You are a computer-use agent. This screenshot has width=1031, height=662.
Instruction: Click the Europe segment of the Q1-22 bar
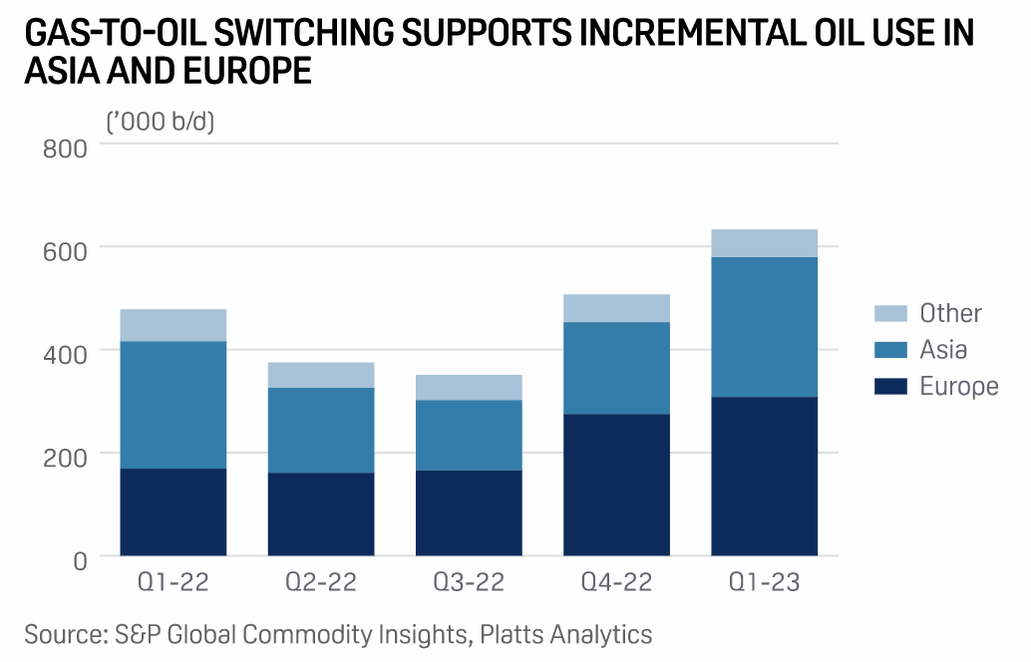[x=173, y=511]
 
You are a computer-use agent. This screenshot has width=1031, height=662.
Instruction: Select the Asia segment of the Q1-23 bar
[x=765, y=327]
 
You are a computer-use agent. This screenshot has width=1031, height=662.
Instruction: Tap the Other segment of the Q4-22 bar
[x=616, y=308]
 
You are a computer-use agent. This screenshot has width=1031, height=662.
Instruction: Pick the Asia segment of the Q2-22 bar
[x=321, y=430]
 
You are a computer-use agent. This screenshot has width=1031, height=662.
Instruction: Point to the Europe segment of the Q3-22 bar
[x=469, y=512]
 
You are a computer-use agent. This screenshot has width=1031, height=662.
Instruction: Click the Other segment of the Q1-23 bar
[x=765, y=243]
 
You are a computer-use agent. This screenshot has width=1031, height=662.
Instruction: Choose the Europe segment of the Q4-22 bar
[x=616, y=485]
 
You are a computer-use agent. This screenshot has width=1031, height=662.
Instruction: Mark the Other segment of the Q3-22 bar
[x=469, y=387]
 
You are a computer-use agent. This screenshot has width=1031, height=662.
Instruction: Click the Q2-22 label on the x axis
[x=321, y=582]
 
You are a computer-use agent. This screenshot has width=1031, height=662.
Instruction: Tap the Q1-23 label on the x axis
[x=765, y=582]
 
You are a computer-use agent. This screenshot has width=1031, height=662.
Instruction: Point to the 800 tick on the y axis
[x=66, y=148]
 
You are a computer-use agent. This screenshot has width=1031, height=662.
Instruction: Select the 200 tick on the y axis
[x=66, y=456]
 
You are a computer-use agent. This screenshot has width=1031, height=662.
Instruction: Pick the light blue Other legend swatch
[x=890, y=313]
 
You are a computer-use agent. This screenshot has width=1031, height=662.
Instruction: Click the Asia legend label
[x=943, y=349]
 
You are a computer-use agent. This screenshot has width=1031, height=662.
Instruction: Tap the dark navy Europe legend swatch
[x=890, y=386]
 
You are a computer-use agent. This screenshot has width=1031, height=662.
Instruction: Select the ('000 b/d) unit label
[x=161, y=122]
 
